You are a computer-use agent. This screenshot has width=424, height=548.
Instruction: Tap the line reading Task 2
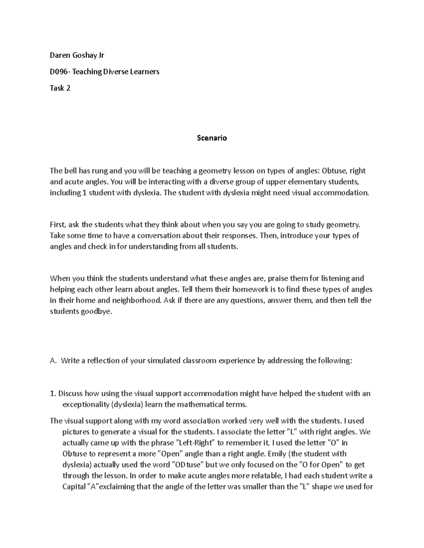(x=60, y=88)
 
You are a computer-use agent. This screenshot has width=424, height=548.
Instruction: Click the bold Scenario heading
(x=212, y=138)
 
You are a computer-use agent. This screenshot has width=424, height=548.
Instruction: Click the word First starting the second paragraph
(x=57, y=224)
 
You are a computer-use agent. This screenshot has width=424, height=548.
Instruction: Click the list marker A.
(x=53, y=361)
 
